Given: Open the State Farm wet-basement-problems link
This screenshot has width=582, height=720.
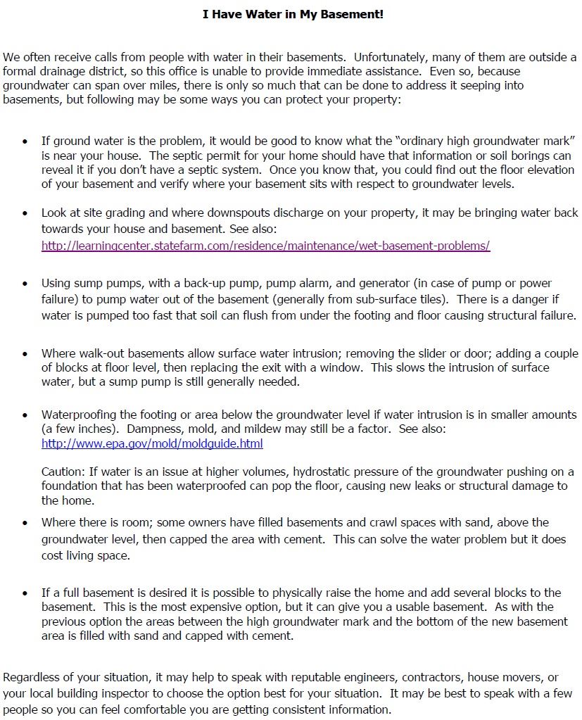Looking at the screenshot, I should coord(265,246).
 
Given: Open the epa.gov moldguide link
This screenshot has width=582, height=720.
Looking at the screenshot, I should coord(152,443).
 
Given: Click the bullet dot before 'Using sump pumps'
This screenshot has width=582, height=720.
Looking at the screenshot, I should coord(25,284).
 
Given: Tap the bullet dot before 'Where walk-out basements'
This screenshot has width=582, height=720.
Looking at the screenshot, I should coord(25,354).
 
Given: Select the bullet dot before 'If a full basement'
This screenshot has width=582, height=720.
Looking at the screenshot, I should coord(25,593).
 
